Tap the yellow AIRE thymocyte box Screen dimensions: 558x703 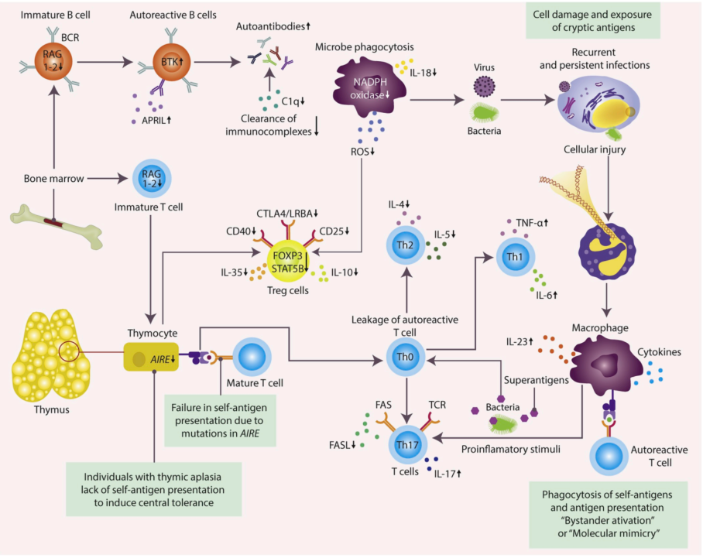click(x=152, y=359)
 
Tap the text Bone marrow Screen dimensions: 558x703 click(x=53, y=179)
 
